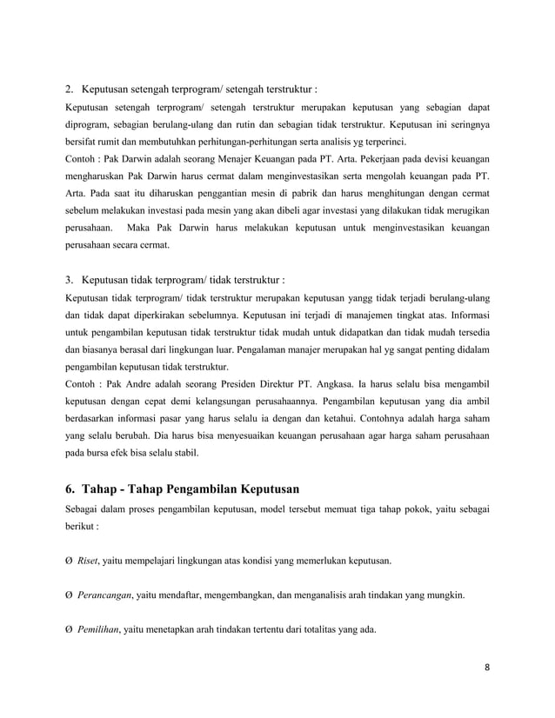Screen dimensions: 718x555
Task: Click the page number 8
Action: click(x=488, y=668)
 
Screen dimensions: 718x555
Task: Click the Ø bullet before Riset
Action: click(x=70, y=561)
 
